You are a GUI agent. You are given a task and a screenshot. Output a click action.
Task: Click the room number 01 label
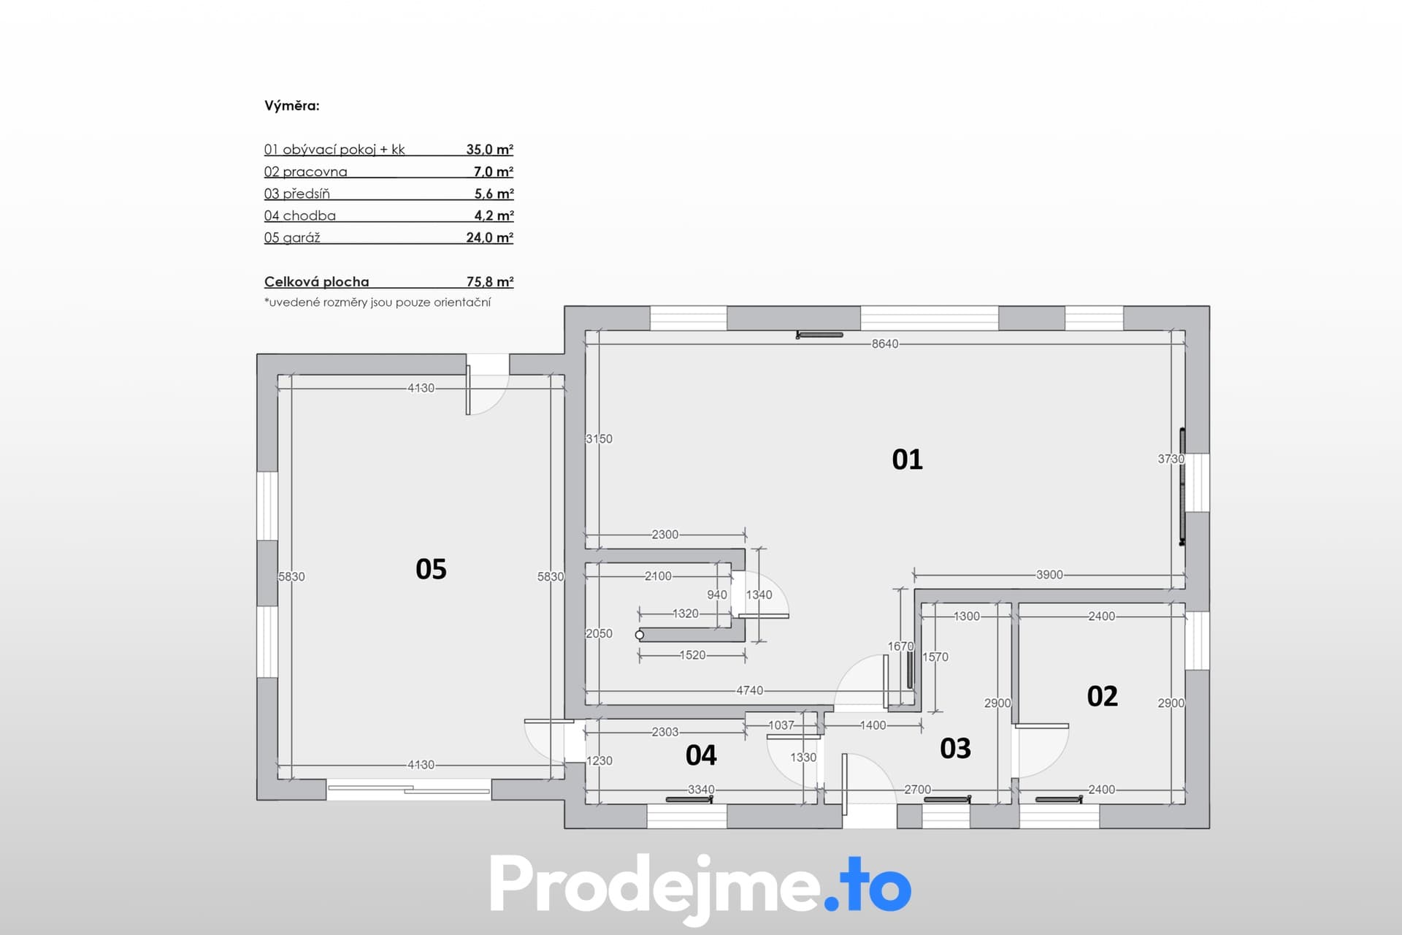(x=907, y=459)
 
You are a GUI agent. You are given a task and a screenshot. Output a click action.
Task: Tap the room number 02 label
(x=1102, y=696)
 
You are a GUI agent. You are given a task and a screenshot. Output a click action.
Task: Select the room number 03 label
(x=955, y=748)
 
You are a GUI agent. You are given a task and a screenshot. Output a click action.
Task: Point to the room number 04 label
(x=701, y=755)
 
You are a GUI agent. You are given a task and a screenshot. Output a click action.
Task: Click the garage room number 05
(x=431, y=569)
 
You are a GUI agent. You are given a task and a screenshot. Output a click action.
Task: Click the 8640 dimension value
(x=885, y=343)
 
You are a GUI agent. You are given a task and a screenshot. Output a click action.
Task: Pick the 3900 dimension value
(x=1049, y=575)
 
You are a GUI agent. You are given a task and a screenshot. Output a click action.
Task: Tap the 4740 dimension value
(x=749, y=690)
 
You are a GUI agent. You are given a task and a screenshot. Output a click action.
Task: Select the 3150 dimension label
(x=599, y=439)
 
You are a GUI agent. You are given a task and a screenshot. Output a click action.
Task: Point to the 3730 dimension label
(x=1171, y=459)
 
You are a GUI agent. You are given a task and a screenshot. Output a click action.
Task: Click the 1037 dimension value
(x=781, y=725)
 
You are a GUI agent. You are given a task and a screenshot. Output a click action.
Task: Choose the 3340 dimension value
(x=701, y=790)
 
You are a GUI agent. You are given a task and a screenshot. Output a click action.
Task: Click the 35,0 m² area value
(x=490, y=149)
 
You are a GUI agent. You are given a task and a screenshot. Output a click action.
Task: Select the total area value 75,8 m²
(x=490, y=281)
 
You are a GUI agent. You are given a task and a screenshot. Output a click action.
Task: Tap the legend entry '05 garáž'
(x=292, y=237)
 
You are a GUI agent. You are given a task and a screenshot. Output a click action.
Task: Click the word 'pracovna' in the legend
(x=315, y=172)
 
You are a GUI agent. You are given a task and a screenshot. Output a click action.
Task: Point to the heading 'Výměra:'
(x=292, y=105)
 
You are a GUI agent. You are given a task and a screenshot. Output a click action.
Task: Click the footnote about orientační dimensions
(x=378, y=302)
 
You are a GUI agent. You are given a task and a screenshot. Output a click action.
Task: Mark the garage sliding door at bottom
(x=409, y=789)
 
